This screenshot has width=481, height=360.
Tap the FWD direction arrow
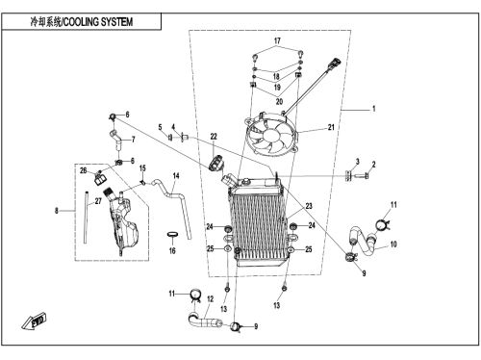35,321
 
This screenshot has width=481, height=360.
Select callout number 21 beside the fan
331,127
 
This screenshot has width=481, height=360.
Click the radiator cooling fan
271,134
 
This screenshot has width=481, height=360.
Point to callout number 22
214,137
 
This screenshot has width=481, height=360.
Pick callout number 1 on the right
373,109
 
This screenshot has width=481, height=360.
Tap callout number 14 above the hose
176,176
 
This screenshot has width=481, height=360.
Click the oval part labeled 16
172,234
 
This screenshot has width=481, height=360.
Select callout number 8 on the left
57,211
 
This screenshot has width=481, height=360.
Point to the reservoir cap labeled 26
100,178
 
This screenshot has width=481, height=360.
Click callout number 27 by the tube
98,201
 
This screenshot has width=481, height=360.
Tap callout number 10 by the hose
393,244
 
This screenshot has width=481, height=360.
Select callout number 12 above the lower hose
210,299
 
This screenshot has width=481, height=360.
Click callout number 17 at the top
277,40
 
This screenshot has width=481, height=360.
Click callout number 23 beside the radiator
309,206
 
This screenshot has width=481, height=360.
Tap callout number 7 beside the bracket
134,140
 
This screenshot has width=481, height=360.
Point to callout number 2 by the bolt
373,165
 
